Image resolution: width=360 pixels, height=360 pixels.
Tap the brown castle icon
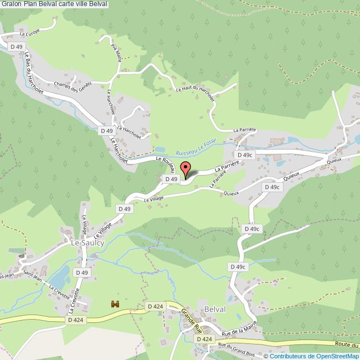tap(116, 304)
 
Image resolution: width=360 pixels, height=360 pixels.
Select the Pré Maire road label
tap(116, 54)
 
